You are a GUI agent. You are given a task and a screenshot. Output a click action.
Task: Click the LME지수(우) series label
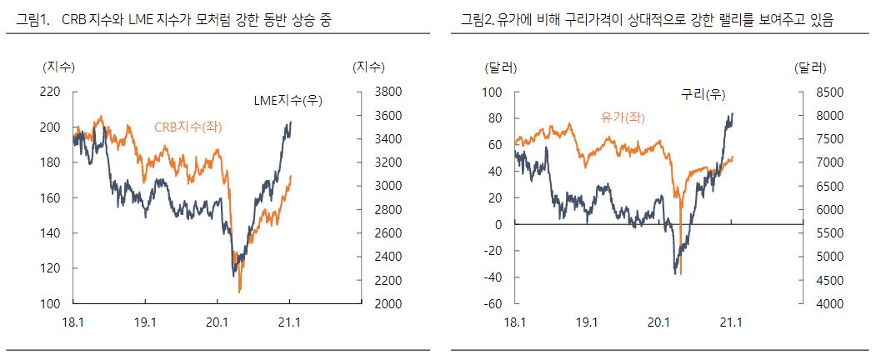pyautogui.click(x=288, y=101)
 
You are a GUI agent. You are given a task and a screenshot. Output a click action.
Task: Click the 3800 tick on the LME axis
pyautogui.click(x=368, y=92)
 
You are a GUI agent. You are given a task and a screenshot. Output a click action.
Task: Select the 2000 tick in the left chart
pyautogui.click(x=368, y=304)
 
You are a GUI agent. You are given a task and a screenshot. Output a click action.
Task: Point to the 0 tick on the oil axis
pyautogui.click(x=499, y=224)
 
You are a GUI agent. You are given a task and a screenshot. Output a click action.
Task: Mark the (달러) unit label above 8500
pyautogui.click(x=810, y=67)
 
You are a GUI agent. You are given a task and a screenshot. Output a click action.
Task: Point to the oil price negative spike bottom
pyautogui.click(x=681, y=273)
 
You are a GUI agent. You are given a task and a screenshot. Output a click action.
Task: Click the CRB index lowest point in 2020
pyautogui.click(x=240, y=291)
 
